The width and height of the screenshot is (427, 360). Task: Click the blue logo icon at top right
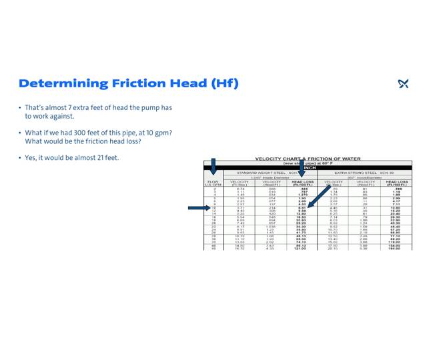403,83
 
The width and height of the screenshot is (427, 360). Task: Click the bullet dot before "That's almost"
20,107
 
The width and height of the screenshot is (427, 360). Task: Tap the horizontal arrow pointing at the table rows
199,208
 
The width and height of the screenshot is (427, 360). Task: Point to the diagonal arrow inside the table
318,196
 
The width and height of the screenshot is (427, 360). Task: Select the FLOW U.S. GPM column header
213,183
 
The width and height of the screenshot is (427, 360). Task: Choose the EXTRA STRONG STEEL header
364,173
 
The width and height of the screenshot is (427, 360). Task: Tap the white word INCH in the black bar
309,168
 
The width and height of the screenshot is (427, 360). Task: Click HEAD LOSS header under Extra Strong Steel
397,183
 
